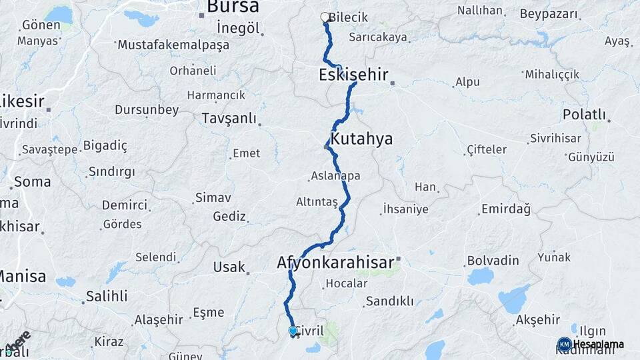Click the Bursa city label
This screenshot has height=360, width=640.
click(233, 7)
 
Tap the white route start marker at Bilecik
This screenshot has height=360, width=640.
click(325, 17)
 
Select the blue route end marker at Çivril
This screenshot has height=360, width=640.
click(293, 331)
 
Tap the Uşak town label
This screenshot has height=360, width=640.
click(229, 267)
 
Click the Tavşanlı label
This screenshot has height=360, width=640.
click(229, 119)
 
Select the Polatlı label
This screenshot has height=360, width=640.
click(584, 114)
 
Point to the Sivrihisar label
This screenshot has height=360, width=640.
click(555, 139)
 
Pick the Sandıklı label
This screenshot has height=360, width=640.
click(389, 301)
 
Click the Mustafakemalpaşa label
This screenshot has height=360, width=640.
click(173, 45)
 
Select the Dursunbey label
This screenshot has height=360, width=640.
click(147, 109)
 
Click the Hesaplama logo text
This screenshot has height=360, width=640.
click(599, 344)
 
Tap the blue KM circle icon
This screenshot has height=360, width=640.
click(564, 344)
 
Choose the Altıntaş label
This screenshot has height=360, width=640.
click(317, 201)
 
